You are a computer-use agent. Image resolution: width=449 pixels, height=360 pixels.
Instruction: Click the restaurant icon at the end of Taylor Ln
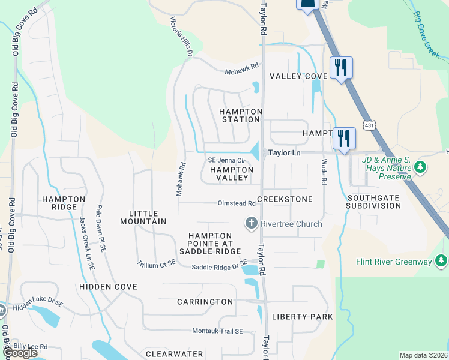coord(344,139)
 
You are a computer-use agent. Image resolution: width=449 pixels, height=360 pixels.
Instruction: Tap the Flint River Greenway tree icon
coord(441,260)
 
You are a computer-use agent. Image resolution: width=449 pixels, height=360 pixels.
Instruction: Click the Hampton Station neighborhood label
coord(240,115)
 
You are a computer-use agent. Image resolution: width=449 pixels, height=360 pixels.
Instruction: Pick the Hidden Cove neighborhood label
coord(109,287)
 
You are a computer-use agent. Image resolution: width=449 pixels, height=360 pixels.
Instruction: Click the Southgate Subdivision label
coord(373,202)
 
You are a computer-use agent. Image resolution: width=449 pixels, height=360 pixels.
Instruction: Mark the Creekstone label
coord(285,199)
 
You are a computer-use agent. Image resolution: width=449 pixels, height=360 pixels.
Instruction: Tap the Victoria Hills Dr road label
coord(181,37)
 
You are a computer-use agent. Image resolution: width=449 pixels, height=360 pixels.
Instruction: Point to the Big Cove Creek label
coord(427,34)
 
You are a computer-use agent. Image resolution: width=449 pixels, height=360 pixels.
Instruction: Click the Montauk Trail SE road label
coord(217,331)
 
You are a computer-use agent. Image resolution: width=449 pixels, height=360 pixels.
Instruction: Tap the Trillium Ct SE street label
coord(157,263)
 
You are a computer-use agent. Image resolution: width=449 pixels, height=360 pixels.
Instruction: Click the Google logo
coord(19,353)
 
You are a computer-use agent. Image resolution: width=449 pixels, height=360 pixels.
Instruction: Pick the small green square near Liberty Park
coord(321,263)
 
